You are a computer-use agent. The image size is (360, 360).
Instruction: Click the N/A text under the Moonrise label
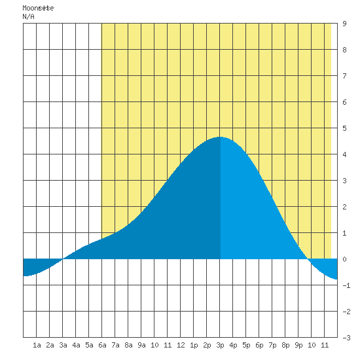(x=28, y=16)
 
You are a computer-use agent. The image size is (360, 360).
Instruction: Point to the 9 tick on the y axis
(x=344, y=24)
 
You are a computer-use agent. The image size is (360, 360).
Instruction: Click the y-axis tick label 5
(x=344, y=128)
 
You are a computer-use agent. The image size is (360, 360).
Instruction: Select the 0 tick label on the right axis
(x=344, y=259)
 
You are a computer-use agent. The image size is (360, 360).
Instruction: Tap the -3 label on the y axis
(x=346, y=338)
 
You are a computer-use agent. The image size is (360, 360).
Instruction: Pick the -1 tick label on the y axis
(x=346, y=285)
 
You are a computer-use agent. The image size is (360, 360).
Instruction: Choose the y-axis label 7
(x=344, y=76)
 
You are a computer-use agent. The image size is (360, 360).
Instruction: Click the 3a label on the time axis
(x=63, y=345)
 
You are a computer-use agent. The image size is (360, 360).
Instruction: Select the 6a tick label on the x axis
(x=102, y=345)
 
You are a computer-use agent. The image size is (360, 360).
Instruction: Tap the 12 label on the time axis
(x=181, y=345)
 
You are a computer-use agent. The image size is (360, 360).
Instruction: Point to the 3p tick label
(x=220, y=345)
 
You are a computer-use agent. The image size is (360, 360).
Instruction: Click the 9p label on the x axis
(x=298, y=345)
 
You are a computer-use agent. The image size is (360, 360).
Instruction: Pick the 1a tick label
(x=37, y=345)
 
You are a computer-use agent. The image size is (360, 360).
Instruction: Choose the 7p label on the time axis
(x=272, y=345)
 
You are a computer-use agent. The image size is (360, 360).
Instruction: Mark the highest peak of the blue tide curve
(x=220, y=137)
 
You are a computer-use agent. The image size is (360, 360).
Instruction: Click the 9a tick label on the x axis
(x=141, y=345)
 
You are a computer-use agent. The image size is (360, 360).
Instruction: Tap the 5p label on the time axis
(x=246, y=345)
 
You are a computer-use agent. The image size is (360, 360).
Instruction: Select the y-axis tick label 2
(x=344, y=207)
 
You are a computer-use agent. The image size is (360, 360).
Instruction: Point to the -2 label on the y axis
(x=346, y=312)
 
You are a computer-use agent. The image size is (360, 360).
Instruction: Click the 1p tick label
(x=194, y=345)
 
